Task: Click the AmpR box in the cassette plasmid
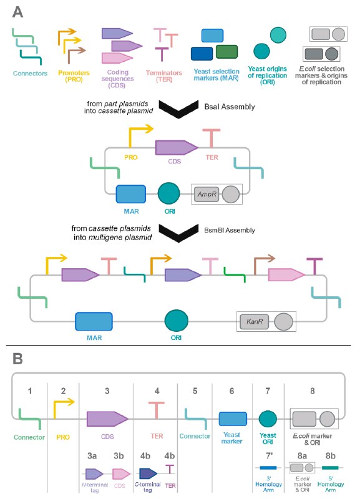207,194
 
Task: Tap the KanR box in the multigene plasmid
255,321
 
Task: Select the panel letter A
18,12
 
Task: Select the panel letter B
17,359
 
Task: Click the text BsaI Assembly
230,107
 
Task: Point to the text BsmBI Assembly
230,230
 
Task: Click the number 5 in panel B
195,391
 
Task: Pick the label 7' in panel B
270,456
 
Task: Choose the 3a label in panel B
92,456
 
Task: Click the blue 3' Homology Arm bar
268,467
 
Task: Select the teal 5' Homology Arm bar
330,467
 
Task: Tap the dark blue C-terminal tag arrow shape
148,473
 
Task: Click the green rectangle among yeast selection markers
226,52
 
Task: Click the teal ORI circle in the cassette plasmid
168,193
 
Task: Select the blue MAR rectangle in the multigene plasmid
94,321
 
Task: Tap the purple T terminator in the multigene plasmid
314,266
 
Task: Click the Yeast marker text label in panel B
231,438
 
